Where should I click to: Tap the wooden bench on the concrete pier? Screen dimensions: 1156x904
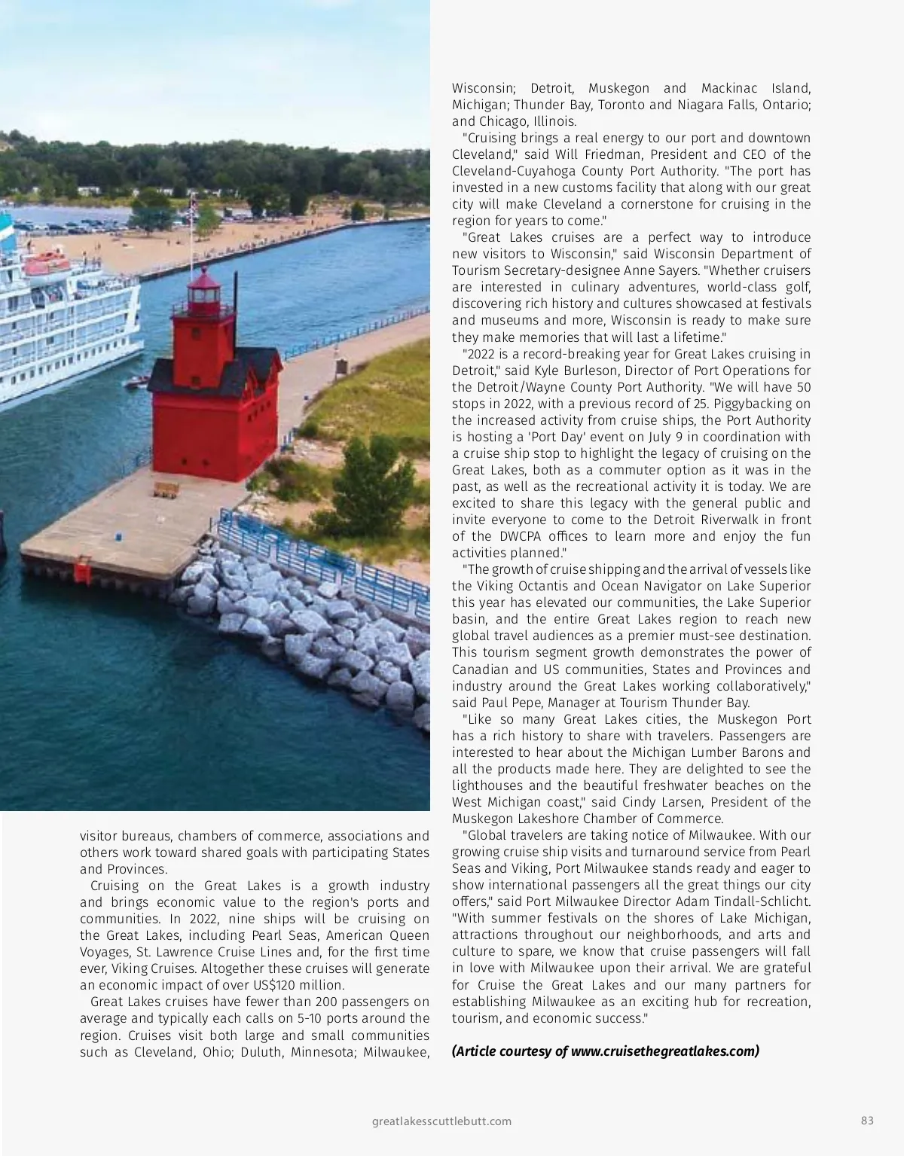point(166,490)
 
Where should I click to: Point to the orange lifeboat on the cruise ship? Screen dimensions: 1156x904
point(47,264)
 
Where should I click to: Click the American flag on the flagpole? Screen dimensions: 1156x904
point(194,205)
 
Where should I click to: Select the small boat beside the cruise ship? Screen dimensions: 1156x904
point(137,381)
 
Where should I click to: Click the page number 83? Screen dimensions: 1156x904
point(867,1121)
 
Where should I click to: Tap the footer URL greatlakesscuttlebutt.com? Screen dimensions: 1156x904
point(442,1121)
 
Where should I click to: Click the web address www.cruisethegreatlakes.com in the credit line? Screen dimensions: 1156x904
point(664,1051)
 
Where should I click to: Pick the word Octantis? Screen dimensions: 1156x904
point(545,586)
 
